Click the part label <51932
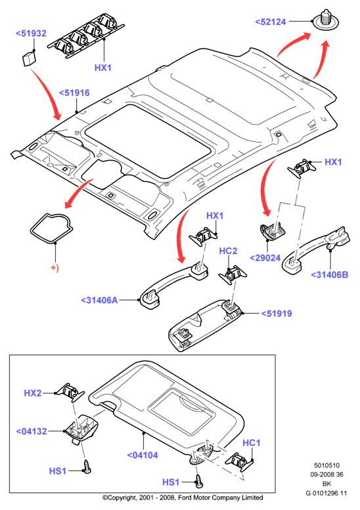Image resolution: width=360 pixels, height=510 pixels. pyautogui.click(x=31, y=33)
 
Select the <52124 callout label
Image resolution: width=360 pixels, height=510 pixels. pyautogui.click(x=271, y=22)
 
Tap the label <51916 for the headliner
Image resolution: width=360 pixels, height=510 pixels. pyautogui.click(x=74, y=93)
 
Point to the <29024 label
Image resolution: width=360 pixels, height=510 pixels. pyautogui.click(x=265, y=258)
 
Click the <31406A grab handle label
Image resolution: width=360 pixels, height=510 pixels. pyautogui.click(x=99, y=300)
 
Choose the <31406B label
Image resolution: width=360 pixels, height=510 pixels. pyautogui.click(x=329, y=275)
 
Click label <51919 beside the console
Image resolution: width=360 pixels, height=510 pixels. pyautogui.click(x=277, y=314)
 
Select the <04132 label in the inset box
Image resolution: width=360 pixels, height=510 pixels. pyautogui.click(x=32, y=432)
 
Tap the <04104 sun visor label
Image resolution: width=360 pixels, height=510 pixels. pyautogui.click(x=143, y=456)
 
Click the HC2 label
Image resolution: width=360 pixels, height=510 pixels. pyautogui.click(x=228, y=251)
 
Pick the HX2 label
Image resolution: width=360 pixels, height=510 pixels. pyautogui.click(x=33, y=393)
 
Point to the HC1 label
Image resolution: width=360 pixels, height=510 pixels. pyautogui.click(x=252, y=443)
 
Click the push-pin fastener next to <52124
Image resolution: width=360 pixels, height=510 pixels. pyautogui.click(x=325, y=20)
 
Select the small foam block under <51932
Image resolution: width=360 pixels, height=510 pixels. pyautogui.click(x=29, y=59)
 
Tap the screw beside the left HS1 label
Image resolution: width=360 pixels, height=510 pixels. pyautogui.click(x=87, y=467)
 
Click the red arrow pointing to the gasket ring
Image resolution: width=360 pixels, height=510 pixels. pyautogui.click(x=78, y=192)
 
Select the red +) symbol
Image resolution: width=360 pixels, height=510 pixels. pyautogui.click(x=55, y=268)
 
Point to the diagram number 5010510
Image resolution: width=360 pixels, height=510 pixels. pyautogui.click(x=326, y=465)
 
